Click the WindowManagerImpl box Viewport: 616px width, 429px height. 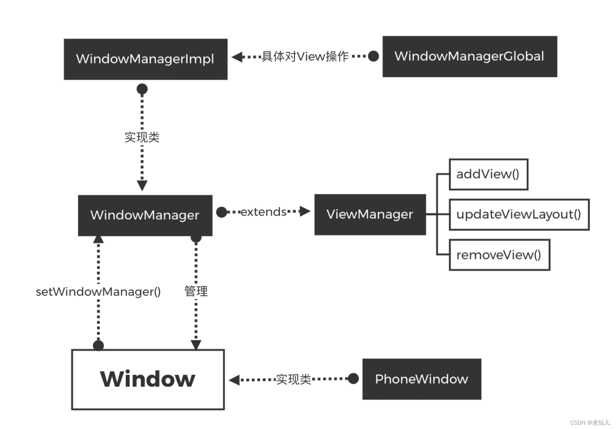pyautogui.click(x=145, y=59)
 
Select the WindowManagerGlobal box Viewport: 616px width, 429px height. pyautogui.click(x=470, y=57)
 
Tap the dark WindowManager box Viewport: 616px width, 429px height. pyautogui.click(x=145, y=215)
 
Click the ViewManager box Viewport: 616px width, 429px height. pyautogui.click(x=370, y=214)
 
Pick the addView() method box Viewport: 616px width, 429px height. pyautogui.click(x=488, y=174)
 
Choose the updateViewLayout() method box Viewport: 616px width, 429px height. pyautogui.click(x=519, y=214)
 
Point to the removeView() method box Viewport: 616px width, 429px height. pyautogui.click(x=499, y=255)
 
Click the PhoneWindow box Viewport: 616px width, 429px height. pyautogui.click(x=422, y=379)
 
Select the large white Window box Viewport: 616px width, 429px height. pyautogui.click(x=148, y=379)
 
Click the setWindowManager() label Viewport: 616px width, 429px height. pyautogui.click(x=98, y=292)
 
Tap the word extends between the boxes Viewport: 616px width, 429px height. pyautogui.click(x=263, y=212)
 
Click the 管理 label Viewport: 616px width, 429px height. pyautogui.click(x=196, y=291)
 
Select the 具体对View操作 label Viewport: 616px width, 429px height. pyautogui.click(x=305, y=57)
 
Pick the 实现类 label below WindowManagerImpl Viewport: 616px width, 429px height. pyautogui.click(x=142, y=137)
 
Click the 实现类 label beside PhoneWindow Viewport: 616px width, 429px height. pyautogui.click(x=293, y=379)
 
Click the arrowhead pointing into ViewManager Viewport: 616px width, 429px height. pyautogui.click(x=305, y=211)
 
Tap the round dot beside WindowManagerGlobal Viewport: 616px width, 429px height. pyautogui.click(x=373, y=56)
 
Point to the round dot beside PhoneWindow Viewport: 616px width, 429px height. pyautogui.click(x=353, y=379)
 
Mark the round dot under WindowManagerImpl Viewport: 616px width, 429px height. pyautogui.click(x=142, y=89)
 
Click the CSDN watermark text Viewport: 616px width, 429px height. pyautogui.click(x=590, y=423)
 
